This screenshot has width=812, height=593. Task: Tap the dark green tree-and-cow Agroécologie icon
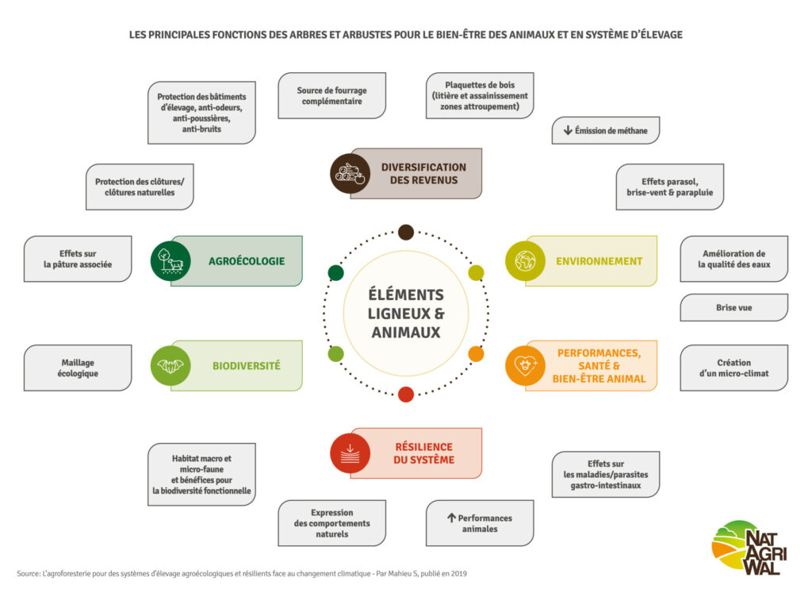point(170,260)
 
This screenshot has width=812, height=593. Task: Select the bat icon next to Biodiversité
point(170,366)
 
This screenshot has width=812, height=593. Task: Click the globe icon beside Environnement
point(525,260)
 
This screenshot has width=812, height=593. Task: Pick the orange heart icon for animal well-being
point(525,366)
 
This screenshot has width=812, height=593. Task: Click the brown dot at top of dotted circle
point(406,232)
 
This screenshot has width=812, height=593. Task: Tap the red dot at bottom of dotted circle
point(406,394)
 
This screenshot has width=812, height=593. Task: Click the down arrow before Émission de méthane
point(568,130)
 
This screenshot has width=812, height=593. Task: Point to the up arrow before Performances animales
point(451,518)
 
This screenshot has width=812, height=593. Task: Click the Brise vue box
point(733,307)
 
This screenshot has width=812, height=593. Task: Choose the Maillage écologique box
point(78,368)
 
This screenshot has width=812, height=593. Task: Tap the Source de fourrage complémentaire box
point(331,96)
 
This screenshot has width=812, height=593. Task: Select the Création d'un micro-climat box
point(733,368)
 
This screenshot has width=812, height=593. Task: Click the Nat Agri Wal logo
point(745,547)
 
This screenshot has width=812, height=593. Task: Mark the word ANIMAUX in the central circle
point(405,333)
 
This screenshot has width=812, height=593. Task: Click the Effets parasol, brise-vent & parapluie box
point(669,187)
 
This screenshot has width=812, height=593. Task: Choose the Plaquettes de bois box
point(479,96)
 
